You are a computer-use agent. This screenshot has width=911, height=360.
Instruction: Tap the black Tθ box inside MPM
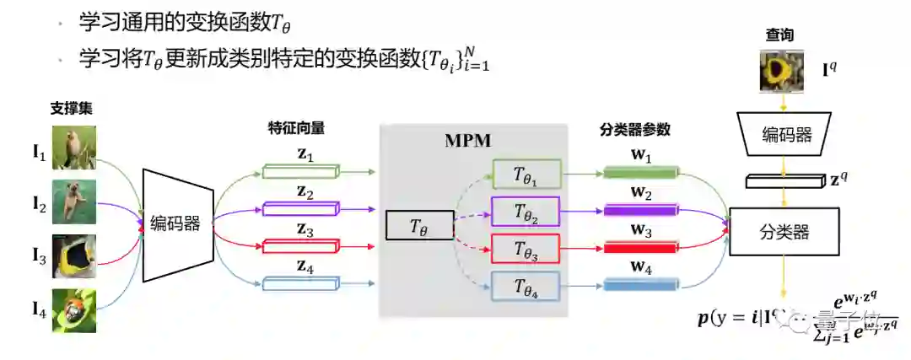(x=418, y=225)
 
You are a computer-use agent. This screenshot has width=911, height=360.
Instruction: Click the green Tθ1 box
(x=526, y=175)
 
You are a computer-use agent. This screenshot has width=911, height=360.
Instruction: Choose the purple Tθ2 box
(x=526, y=212)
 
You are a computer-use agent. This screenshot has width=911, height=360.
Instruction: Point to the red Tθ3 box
(x=526, y=249)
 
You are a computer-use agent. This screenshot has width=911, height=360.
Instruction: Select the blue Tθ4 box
(x=526, y=286)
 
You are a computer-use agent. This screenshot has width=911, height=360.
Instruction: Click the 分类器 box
(x=785, y=228)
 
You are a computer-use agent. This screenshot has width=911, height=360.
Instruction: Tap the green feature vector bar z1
(x=299, y=171)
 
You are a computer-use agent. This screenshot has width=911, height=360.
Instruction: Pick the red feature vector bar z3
(x=299, y=246)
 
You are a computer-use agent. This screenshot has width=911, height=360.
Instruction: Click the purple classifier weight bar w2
(x=641, y=210)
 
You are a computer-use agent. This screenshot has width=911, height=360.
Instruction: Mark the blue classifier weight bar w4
(x=641, y=285)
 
